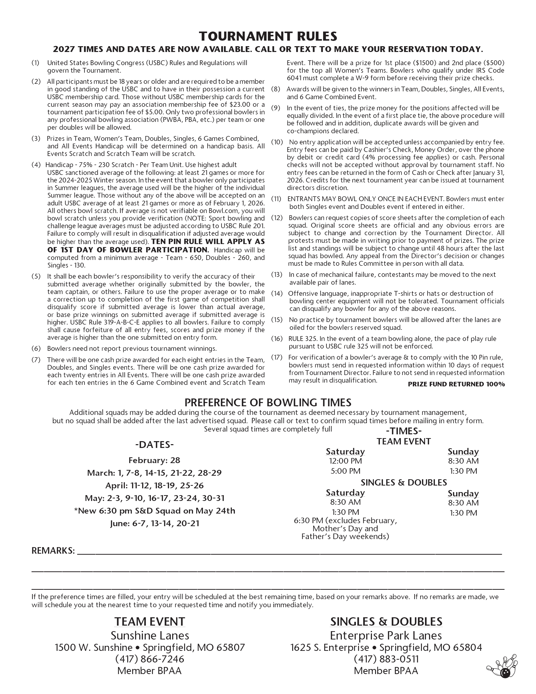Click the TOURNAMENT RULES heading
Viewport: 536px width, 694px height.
click(268, 36)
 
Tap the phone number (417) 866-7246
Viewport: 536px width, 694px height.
click(150, 659)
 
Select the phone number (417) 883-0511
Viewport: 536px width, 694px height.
click(386, 659)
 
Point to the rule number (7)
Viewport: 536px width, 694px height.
click(36, 360)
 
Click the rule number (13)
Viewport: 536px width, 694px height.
click(276, 275)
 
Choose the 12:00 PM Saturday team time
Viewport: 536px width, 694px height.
click(345, 461)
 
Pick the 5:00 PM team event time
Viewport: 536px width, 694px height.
click(345, 471)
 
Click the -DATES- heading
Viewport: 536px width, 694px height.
click(154, 445)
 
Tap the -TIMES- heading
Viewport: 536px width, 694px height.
click(404, 431)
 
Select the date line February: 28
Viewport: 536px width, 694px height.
click(154, 460)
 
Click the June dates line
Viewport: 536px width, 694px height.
click(154, 523)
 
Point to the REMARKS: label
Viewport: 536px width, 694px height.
click(53, 551)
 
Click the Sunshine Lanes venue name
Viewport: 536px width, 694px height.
click(150, 635)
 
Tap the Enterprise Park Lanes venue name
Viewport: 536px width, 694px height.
click(386, 635)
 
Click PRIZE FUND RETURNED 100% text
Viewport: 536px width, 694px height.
click(456, 384)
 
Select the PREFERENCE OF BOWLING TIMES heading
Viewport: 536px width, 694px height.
click(268, 403)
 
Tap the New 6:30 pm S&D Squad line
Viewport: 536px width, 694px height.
click(154, 511)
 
